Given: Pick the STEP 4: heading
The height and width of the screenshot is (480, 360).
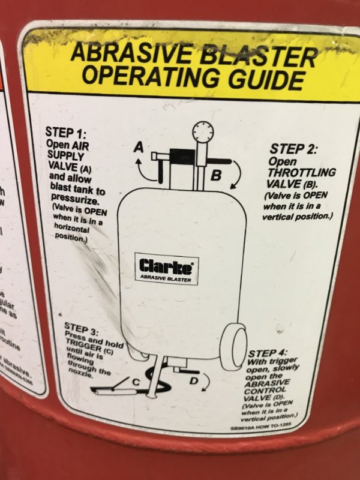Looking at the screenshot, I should pos(267,352).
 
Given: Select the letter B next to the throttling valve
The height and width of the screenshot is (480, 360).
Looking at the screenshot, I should pos(217,175).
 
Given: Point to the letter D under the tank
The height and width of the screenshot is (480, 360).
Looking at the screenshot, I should pos(194,380).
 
